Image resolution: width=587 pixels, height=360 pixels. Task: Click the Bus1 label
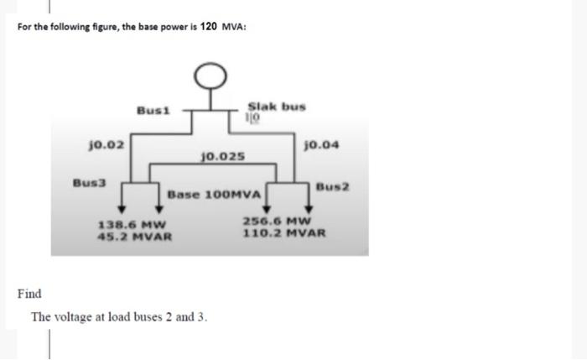click(x=153, y=110)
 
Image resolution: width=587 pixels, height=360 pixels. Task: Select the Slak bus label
click(x=276, y=107)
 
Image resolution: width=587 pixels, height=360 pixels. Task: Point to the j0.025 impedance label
click(x=224, y=157)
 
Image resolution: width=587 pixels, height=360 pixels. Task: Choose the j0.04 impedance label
click(x=322, y=145)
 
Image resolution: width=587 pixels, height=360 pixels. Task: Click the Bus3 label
click(x=87, y=181)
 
